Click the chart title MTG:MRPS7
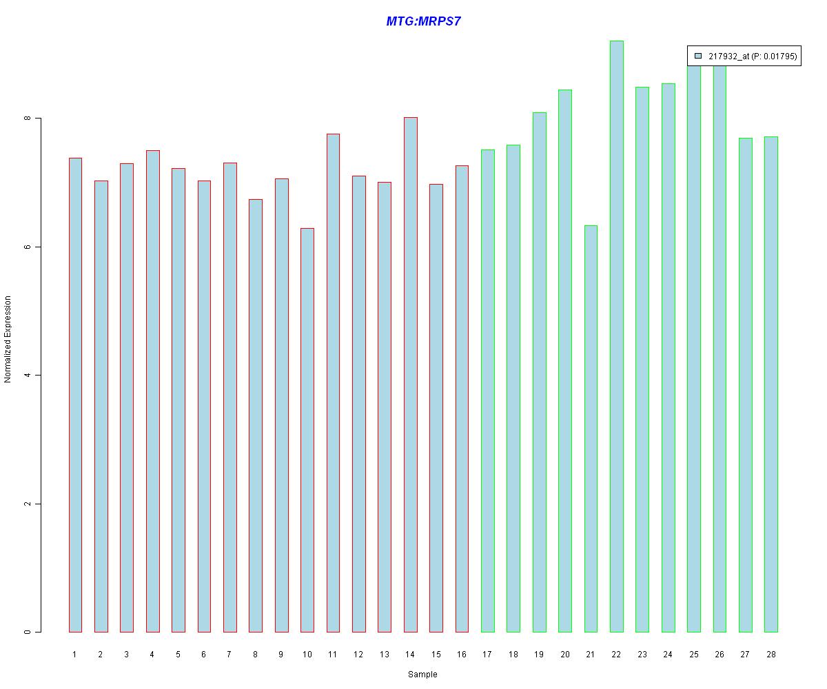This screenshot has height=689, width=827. click(423, 21)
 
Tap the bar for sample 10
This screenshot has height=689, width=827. click(307, 430)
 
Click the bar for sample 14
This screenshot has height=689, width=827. click(410, 375)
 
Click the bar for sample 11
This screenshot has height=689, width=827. click(333, 383)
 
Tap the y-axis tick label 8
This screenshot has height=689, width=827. click(28, 119)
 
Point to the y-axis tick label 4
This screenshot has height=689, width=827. click(28, 376)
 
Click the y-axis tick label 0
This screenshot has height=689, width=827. click(28, 632)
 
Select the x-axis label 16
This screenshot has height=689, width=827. click(462, 654)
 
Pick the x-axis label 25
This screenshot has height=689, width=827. click(693, 654)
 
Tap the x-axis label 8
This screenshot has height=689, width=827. click(255, 654)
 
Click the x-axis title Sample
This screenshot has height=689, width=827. click(422, 675)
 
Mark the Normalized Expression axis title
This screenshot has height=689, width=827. click(8, 339)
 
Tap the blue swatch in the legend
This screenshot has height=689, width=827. click(698, 56)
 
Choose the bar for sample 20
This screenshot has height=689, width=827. click(564, 361)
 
